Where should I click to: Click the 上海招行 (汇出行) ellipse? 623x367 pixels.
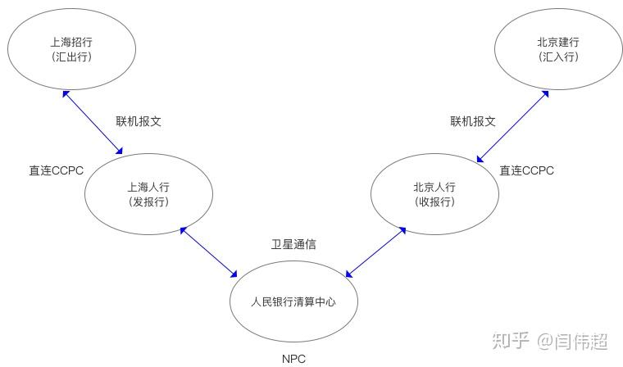click(70, 48)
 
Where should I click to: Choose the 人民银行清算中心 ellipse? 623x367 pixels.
click(293, 301)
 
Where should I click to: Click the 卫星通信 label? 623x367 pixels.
click(293, 244)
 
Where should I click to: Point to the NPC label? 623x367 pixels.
click(293, 359)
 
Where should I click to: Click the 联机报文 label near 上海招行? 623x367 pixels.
click(138, 120)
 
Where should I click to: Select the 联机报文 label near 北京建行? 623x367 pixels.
click(472, 120)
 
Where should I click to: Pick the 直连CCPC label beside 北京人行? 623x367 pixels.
click(526, 170)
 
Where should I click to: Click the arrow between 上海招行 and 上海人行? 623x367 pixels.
click(93, 122)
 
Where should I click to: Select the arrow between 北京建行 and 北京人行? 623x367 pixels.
click(512, 125)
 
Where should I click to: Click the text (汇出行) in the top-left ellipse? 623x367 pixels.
click(70, 57)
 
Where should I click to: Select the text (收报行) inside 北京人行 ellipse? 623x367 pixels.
click(434, 202)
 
